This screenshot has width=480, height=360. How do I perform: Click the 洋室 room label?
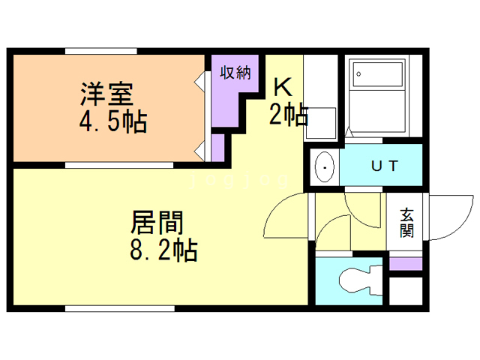pyautogui.click(x=106, y=95)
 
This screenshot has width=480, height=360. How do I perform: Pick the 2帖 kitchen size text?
pyautogui.click(x=288, y=114)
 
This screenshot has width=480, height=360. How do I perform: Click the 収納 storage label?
pyautogui.click(x=234, y=73)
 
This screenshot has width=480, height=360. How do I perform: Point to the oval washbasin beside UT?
pyautogui.click(x=324, y=168)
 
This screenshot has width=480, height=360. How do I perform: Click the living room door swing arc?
pyautogui.click(x=285, y=217)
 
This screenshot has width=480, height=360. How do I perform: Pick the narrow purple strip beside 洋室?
pyautogui.click(x=217, y=147)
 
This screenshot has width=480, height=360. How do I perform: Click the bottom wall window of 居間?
pyautogui.click(x=120, y=308)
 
